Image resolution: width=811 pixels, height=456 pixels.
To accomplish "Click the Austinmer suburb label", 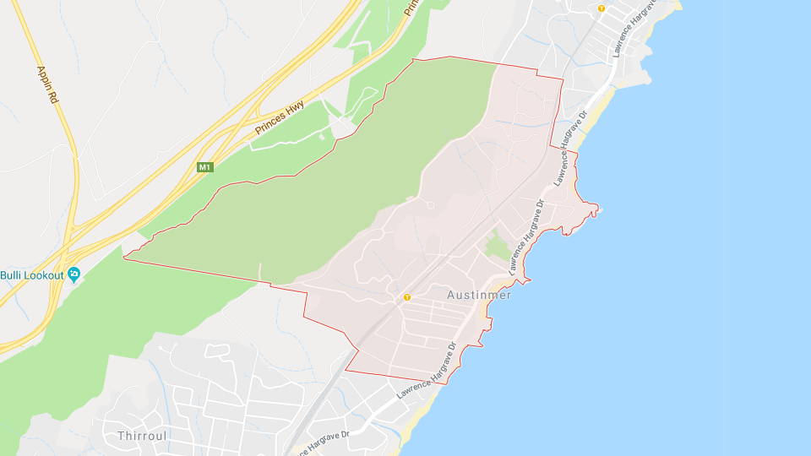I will [x=478, y=295].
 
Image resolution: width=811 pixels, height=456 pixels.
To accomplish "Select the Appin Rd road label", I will [x=47, y=85].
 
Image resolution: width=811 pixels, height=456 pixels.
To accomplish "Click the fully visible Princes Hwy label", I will [x=280, y=120].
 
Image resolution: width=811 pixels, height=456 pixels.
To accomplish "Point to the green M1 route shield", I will [x=204, y=167].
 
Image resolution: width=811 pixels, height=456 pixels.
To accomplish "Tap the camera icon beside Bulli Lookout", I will [x=73, y=274].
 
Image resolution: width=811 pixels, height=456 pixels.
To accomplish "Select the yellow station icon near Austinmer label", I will [x=406, y=297].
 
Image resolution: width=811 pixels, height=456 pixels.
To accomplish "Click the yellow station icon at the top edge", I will [x=601, y=8].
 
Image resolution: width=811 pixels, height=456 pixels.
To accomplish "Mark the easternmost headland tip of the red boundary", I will [x=598, y=208].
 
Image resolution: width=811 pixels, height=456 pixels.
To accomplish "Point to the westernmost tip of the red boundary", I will [x=124, y=257].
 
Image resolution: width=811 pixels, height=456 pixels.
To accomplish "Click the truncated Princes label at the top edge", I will [x=411, y=8].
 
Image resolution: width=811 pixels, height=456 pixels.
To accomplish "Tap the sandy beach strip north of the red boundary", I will [x=595, y=108].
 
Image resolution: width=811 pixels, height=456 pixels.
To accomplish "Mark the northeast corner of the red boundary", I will [x=562, y=79].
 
